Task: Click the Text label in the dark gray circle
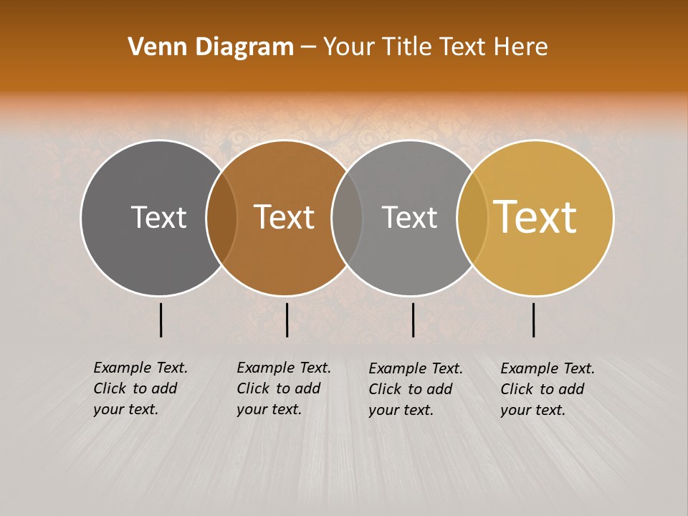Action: coord(158,217)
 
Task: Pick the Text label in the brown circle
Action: coord(285,217)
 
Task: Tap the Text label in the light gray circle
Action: coord(409,217)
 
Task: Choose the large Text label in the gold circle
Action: coord(535,217)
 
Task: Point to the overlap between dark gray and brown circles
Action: coord(221,217)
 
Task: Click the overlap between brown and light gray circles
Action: coord(347,217)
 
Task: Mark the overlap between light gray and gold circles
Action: coord(472,217)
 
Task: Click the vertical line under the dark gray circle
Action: coord(161,320)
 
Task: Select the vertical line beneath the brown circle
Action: coord(287,320)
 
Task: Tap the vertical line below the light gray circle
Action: coord(413,320)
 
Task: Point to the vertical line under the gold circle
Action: coord(534,320)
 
